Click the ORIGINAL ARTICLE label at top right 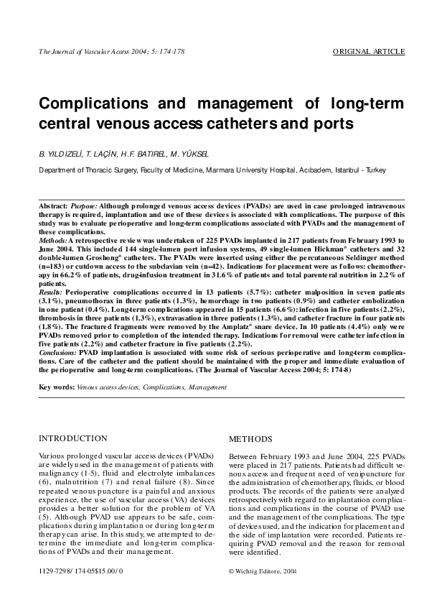[369, 52]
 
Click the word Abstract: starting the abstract [54, 206]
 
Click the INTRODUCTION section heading [73, 438]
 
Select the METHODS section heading [250, 438]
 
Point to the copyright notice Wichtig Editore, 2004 [262, 570]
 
